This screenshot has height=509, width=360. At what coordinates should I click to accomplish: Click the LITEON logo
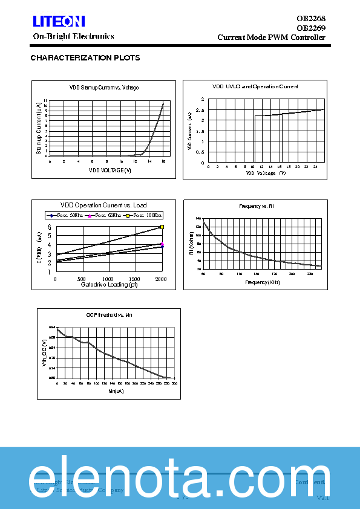[59, 22]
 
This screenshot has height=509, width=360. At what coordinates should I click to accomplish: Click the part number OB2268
[311, 19]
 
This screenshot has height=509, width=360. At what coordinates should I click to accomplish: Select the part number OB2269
[311, 28]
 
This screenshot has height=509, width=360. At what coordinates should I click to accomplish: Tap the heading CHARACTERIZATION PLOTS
[85, 58]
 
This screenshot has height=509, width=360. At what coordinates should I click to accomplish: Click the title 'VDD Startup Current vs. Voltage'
[104, 88]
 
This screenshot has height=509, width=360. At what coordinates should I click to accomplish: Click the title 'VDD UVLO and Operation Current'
[255, 87]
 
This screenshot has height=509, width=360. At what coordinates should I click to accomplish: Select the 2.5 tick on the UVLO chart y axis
[202, 110]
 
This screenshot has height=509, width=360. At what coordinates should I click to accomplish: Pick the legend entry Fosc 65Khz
[106, 215]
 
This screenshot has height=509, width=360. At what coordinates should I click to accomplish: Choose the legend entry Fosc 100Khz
[145, 215]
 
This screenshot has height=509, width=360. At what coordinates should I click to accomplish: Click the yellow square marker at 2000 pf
[162, 227]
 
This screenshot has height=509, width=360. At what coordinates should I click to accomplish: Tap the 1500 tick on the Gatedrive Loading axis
[135, 279]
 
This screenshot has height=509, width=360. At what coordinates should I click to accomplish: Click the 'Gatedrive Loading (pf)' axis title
[109, 284]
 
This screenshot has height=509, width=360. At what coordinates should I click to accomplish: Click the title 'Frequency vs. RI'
[257, 207]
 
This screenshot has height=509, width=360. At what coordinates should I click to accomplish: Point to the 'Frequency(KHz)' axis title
[262, 282]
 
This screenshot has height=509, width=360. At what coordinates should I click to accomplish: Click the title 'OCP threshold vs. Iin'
[109, 315]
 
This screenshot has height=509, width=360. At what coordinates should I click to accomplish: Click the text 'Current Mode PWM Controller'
[271, 37]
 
